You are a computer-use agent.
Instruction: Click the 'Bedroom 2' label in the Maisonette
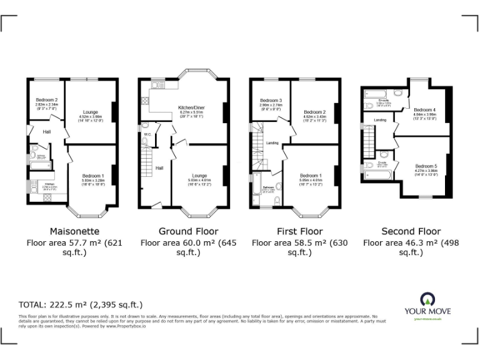click(46, 100)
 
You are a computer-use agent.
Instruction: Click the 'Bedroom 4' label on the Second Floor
click(424, 109)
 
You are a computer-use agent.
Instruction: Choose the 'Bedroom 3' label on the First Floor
click(271, 101)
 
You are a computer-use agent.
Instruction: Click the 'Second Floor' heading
click(411, 231)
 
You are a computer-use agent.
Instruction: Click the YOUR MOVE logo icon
click(427, 299)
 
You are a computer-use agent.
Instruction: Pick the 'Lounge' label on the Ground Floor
click(199, 177)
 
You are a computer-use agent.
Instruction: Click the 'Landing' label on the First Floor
click(272, 143)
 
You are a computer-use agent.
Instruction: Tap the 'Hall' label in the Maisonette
click(47, 132)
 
